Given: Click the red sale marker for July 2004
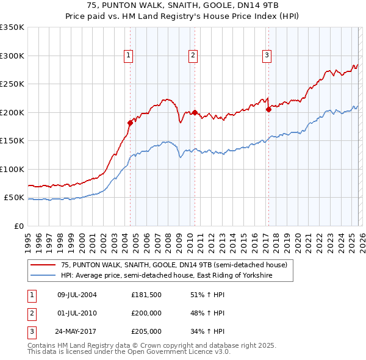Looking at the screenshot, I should [x=130, y=123].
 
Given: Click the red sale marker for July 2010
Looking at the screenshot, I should [x=195, y=112].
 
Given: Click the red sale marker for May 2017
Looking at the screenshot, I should [x=268, y=110].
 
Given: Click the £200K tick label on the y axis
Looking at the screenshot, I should [x=12, y=112].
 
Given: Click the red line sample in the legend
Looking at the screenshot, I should [x=44, y=265].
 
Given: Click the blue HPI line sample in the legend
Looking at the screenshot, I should [x=44, y=276].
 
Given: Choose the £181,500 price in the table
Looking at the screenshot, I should [x=146, y=295].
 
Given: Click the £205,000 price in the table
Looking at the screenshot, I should [x=146, y=331].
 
